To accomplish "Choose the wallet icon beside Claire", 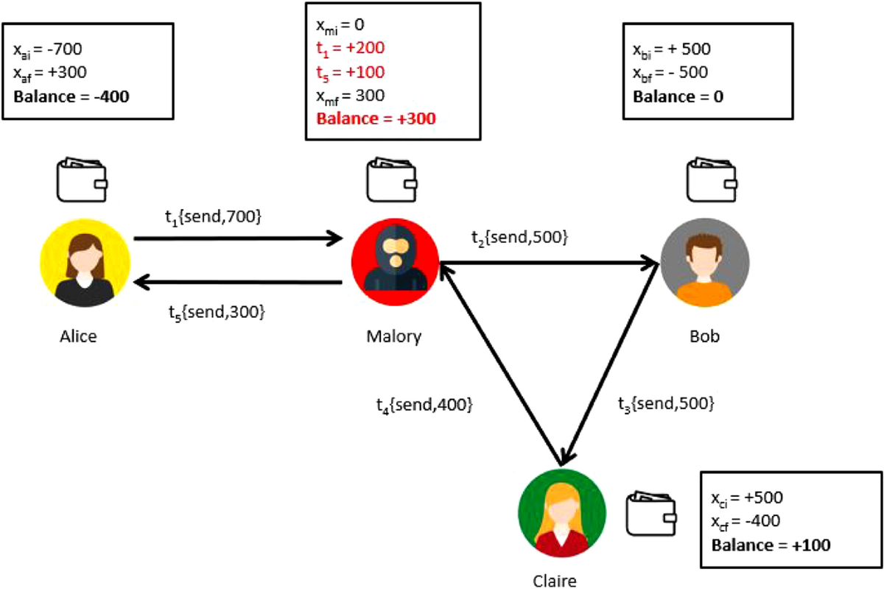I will tap(652, 513).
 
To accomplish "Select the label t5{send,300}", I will tap(217, 311).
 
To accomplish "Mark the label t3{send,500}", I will tap(665, 403).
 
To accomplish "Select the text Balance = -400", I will tap(71, 96).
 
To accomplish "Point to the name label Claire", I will tap(554, 581).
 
